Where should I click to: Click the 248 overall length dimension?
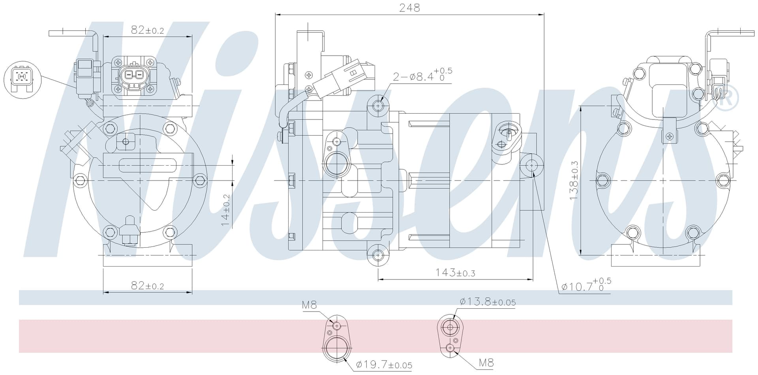tap(409, 8)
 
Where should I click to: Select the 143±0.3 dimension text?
tap(455, 272)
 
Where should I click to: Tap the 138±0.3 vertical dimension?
tap(574, 180)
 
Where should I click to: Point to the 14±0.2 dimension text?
tap(225, 210)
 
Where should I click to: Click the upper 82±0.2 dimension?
tap(147, 30)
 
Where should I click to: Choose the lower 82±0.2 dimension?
tap(147, 285)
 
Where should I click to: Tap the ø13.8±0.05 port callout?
tap(488, 302)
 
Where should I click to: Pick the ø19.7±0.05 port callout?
tap(384, 365)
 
